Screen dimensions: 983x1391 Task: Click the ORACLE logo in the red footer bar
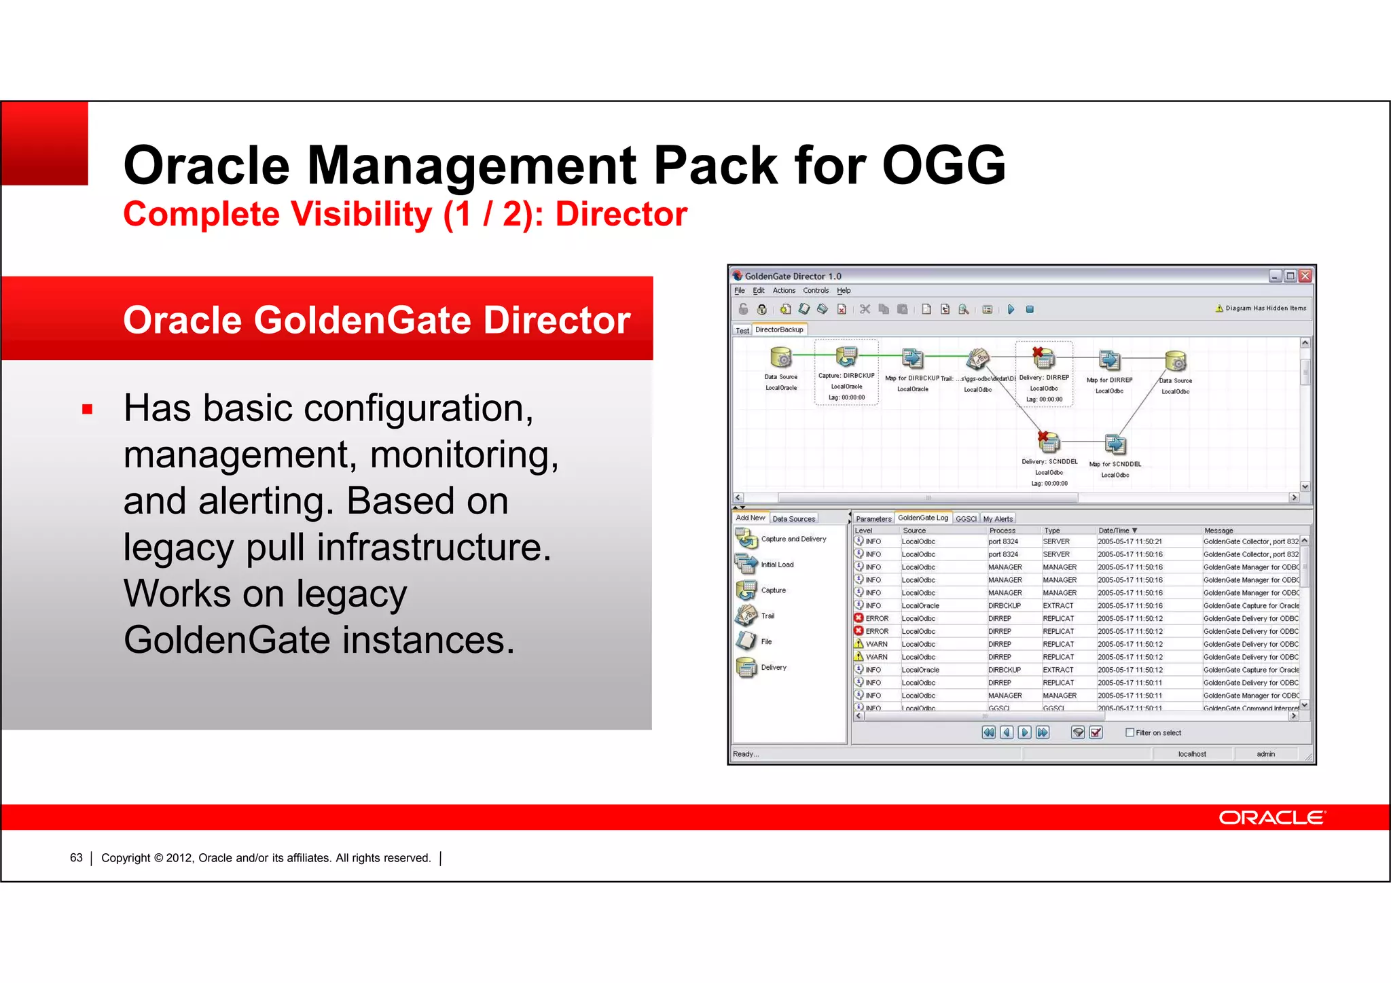point(1271,817)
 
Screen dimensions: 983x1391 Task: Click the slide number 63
point(76,858)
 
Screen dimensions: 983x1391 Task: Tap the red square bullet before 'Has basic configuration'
point(87,410)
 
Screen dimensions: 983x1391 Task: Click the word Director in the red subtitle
point(621,215)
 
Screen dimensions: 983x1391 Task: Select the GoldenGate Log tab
point(922,518)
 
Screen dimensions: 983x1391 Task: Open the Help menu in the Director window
point(844,291)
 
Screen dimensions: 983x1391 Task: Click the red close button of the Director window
point(1305,276)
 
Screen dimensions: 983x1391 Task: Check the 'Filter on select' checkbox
point(1130,732)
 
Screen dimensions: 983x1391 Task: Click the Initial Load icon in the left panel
point(746,564)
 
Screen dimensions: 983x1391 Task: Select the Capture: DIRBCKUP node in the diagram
point(846,357)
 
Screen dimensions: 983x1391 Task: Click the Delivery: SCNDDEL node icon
point(1049,442)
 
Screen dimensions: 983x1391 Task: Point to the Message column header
point(1218,531)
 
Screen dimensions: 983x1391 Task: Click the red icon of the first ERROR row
point(859,618)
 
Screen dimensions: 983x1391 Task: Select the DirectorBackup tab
point(779,330)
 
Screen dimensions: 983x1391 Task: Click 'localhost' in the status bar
point(1192,754)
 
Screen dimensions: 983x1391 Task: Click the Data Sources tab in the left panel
point(793,519)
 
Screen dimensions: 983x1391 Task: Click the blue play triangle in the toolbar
point(1011,310)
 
